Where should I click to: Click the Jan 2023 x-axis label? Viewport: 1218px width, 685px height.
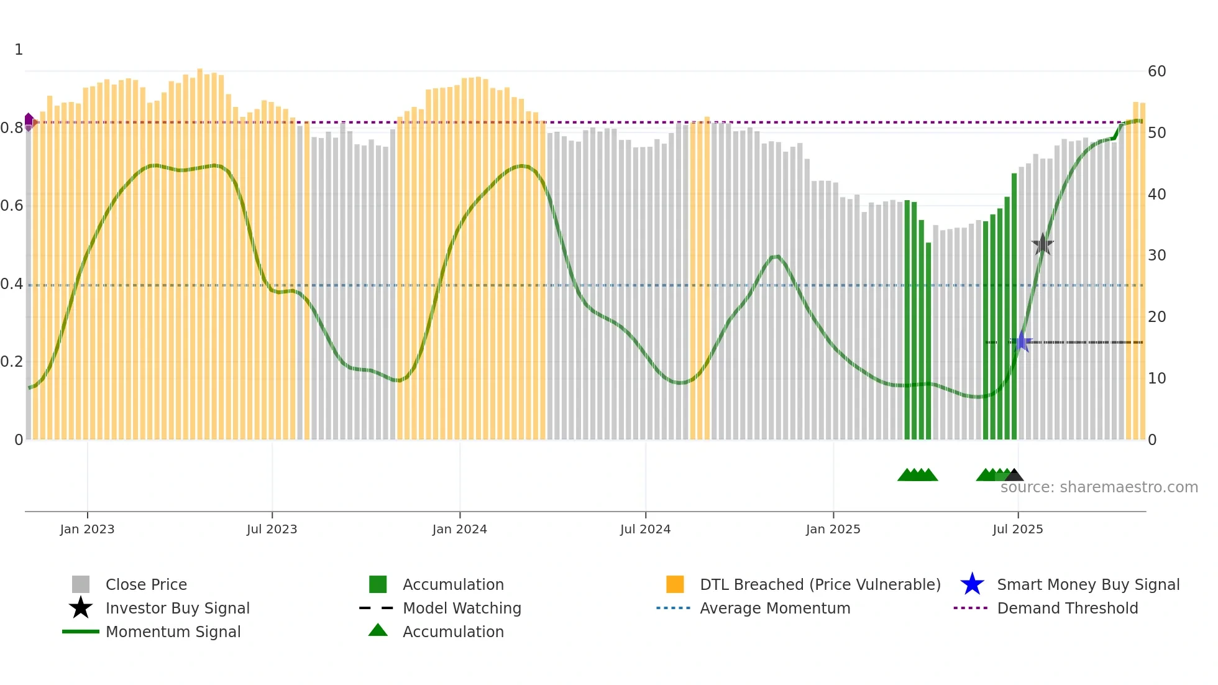(x=87, y=529)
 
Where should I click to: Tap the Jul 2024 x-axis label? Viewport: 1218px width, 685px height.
(x=645, y=529)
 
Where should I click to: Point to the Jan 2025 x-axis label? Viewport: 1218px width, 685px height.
(x=833, y=529)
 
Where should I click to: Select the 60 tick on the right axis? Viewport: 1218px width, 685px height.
(x=1156, y=71)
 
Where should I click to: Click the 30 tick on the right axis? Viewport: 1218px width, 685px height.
(x=1156, y=255)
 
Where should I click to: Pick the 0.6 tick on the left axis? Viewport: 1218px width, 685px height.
(x=12, y=206)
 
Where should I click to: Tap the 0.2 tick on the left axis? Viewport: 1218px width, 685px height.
(x=12, y=362)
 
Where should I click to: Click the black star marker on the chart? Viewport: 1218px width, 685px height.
(x=1042, y=244)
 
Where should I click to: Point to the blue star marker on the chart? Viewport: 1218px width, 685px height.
(x=1021, y=341)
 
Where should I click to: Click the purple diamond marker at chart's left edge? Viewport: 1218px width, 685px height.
(x=29, y=121)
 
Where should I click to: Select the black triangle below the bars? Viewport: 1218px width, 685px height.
(x=1014, y=476)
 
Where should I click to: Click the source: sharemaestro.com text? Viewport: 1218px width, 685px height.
(x=1099, y=487)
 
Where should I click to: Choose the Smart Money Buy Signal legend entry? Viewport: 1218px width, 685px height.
(x=1087, y=584)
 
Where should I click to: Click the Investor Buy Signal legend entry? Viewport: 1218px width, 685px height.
(x=177, y=608)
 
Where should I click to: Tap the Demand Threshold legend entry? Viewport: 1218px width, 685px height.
(x=1067, y=608)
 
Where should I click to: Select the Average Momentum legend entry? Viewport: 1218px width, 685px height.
(x=774, y=608)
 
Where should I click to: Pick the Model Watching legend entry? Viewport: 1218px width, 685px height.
(x=461, y=608)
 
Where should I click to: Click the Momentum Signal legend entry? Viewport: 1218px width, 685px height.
(x=173, y=632)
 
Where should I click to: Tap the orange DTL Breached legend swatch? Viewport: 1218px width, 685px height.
(x=675, y=584)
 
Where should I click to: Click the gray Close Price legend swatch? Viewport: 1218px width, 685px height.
(x=81, y=584)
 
